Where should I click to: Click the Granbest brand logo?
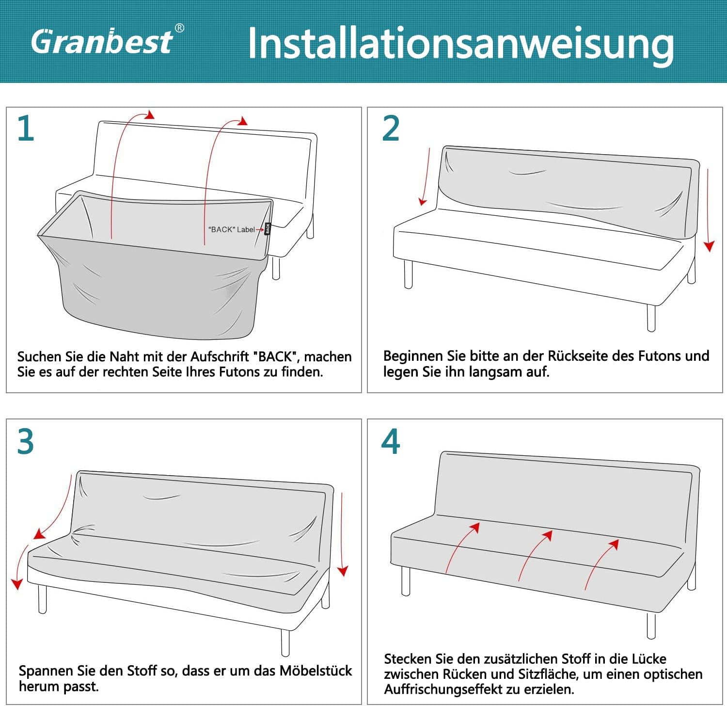(x=102, y=41)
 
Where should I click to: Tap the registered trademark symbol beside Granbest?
(x=179, y=28)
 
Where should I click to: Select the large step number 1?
(x=26, y=129)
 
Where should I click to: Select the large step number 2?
(x=391, y=129)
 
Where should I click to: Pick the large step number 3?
(x=26, y=442)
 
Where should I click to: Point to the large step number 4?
(x=391, y=442)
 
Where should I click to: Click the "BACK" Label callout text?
(x=232, y=229)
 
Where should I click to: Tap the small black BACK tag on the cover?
(x=268, y=228)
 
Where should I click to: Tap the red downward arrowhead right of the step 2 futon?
(x=709, y=246)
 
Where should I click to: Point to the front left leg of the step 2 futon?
(x=408, y=274)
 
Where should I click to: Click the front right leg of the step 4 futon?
(x=651, y=626)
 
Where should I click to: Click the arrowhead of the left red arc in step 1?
(x=150, y=115)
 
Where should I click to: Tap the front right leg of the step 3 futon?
(x=285, y=642)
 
